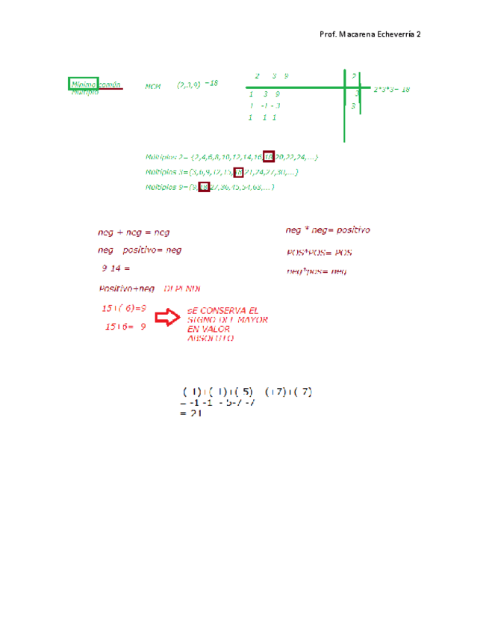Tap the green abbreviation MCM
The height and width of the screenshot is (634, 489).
click(153, 86)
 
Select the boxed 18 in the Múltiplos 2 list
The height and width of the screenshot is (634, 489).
click(269, 157)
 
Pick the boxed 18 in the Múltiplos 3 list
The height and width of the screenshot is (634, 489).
click(239, 172)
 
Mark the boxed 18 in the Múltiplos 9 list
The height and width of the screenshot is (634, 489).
click(203, 187)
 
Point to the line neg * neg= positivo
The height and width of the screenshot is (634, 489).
click(328, 230)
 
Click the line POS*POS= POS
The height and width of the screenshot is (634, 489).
click(319, 252)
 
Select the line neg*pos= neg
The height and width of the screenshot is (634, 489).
click(316, 271)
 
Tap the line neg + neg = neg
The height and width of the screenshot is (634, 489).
click(134, 233)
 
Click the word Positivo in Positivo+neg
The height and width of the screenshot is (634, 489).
click(116, 289)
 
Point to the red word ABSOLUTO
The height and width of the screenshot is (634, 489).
click(211, 338)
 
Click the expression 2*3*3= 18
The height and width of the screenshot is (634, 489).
click(391, 89)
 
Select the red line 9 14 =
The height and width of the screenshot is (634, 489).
click(116, 268)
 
